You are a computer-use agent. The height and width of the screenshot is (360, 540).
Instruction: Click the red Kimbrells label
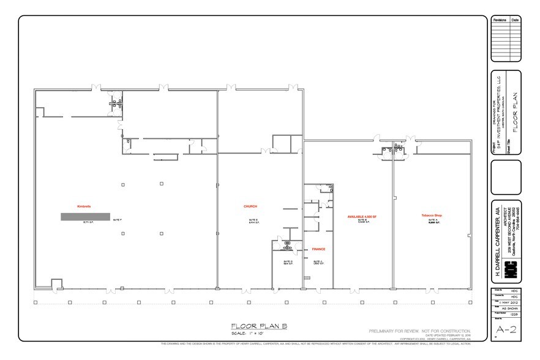coord(84,206)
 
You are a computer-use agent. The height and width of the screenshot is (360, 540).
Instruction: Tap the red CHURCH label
coord(250,206)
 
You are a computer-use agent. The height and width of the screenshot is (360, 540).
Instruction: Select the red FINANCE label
coord(318,249)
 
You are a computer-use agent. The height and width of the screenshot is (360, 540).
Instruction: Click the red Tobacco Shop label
coord(431,216)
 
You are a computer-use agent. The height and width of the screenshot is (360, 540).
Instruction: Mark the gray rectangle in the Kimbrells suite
coord(85,216)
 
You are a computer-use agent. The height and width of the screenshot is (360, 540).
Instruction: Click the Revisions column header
coord(500,20)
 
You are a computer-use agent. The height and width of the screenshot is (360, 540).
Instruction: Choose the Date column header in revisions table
coord(516,20)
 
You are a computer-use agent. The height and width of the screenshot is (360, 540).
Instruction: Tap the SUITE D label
coord(288,262)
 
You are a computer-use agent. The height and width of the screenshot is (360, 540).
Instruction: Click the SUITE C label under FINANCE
coord(318,262)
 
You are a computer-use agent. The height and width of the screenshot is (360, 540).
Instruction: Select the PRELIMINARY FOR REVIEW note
coord(419,331)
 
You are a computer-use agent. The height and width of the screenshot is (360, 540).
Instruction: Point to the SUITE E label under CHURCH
coord(253,220)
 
